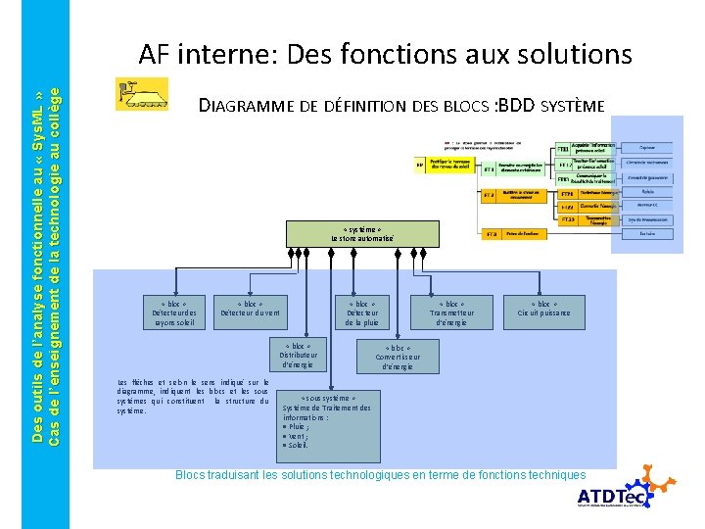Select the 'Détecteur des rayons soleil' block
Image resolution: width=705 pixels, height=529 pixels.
[x=173, y=313]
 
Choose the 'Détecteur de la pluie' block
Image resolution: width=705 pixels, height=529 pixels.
[x=361, y=313]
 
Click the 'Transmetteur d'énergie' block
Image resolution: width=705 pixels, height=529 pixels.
[x=451, y=313]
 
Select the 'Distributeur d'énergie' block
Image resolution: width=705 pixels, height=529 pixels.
[x=297, y=355]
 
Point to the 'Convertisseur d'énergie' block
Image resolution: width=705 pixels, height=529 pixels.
[x=398, y=357]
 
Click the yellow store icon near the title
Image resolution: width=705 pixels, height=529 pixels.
[x=141, y=94]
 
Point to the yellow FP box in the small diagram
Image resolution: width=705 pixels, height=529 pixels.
[x=420, y=166]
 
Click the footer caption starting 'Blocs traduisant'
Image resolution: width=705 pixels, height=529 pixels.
[x=380, y=475]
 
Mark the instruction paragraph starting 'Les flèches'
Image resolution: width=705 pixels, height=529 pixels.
[x=192, y=397]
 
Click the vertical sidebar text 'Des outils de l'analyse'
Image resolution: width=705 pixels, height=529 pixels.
[x=38, y=264]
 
